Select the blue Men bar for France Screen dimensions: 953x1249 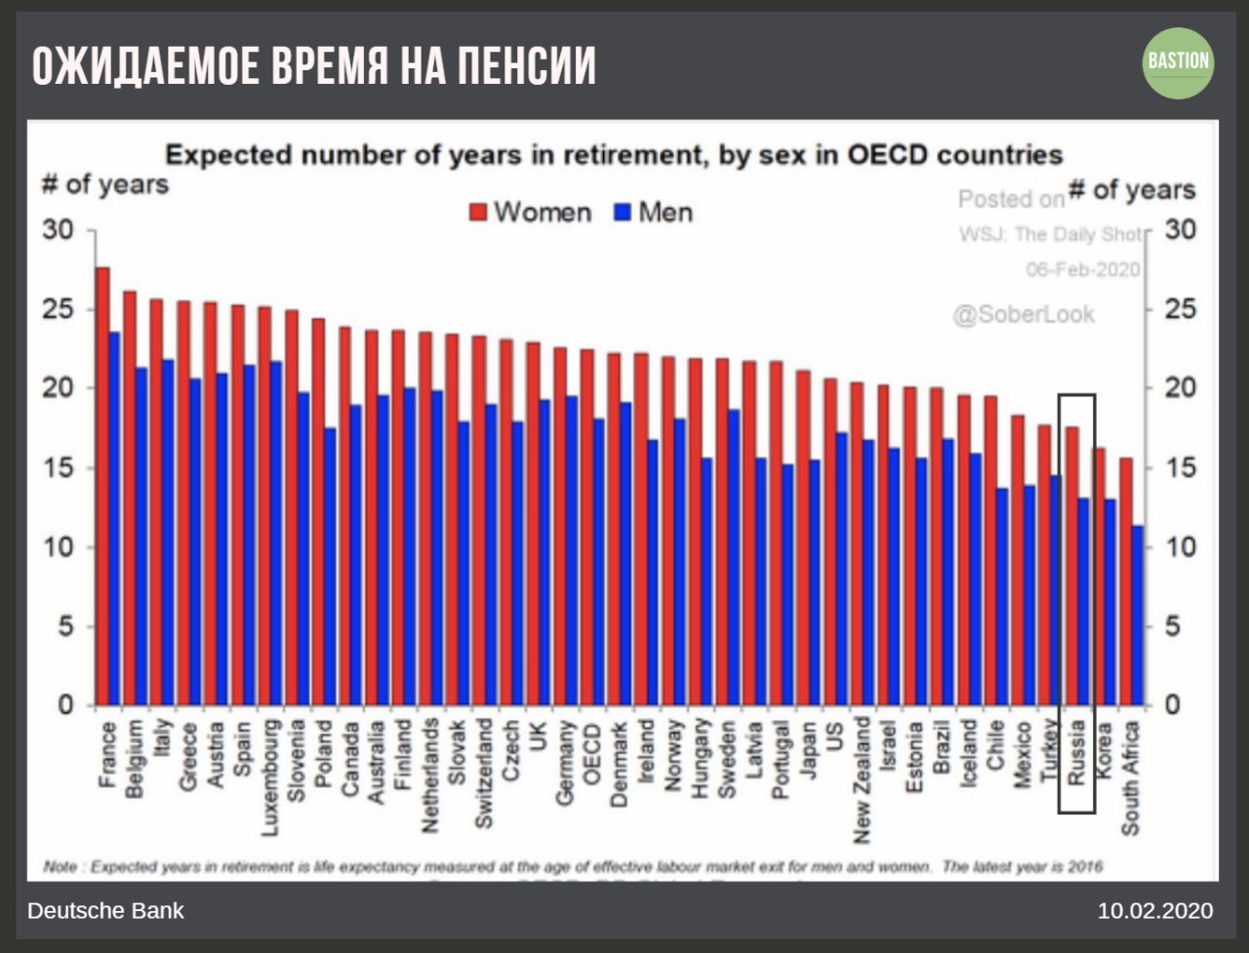114,517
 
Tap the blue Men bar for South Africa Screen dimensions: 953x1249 1138,615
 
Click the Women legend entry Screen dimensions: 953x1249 531,212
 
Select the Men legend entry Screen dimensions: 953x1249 654,212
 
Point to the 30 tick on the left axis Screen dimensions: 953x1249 58,230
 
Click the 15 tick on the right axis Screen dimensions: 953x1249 1177,468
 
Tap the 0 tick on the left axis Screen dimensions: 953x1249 65,704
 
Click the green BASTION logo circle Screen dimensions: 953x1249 1178,62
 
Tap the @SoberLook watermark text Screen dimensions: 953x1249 1024,314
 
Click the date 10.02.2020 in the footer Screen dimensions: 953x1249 1155,911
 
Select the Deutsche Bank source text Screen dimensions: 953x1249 105,911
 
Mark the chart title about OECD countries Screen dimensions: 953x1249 613,154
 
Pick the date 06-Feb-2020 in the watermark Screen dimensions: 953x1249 1082,269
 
